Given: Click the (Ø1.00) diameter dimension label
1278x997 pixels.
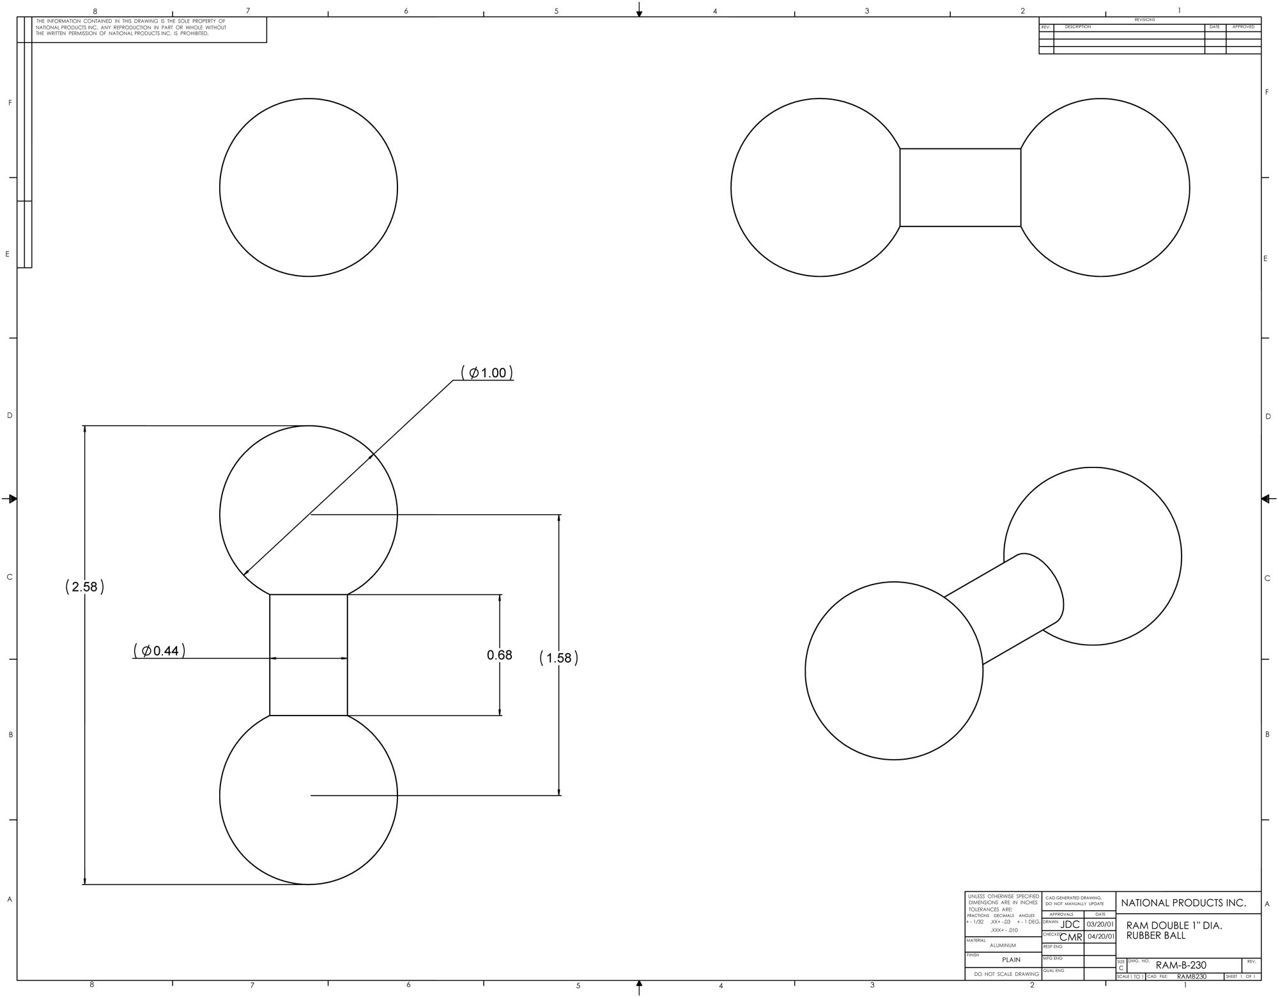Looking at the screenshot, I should [x=487, y=373].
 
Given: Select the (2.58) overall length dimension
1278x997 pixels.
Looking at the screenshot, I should [x=84, y=587].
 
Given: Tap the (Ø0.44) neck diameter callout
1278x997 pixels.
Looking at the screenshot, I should [x=159, y=651].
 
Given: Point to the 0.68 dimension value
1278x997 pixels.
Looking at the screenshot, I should [x=499, y=655].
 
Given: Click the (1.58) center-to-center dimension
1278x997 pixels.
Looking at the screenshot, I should [x=558, y=658].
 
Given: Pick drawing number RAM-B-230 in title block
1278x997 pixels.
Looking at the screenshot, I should [x=1181, y=965].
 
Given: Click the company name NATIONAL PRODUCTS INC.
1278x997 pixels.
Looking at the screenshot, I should [x=1183, y=903].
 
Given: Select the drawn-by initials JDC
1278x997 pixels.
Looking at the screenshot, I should [x=1070, y=924].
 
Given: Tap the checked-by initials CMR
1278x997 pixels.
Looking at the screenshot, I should [x=1071, y=938].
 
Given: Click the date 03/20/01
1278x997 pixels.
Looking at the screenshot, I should [x=1100, y=925].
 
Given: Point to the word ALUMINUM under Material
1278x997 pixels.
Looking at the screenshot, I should [x=1003, y=945].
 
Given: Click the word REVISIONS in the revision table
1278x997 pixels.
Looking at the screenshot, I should [x=1144, y=20].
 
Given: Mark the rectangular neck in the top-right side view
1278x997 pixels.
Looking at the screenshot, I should [x=960, y=187].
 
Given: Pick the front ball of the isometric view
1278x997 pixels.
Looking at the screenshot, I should [x=893, y=671].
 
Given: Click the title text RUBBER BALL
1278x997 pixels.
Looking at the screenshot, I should [x=1155, y=936].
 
